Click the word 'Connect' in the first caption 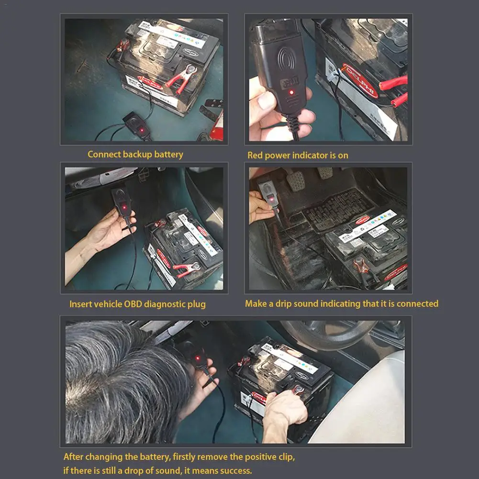click(104, 154)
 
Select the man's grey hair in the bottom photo click(120, 378)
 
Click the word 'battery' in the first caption click(169, 154)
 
